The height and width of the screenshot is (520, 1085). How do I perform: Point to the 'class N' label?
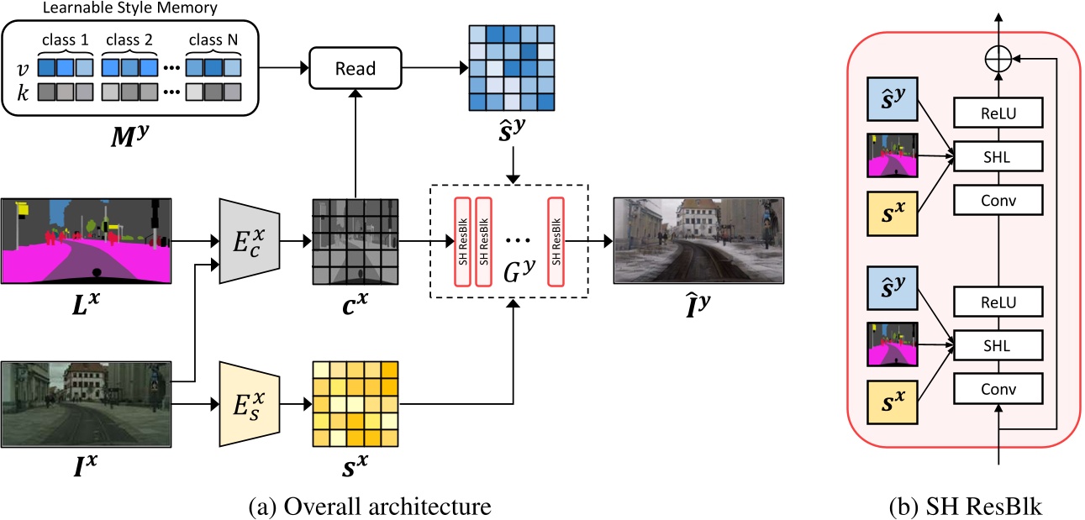pos(213,39)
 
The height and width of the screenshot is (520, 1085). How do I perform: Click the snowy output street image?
pos(698,240)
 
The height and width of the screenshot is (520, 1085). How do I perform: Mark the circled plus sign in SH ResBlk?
pos(998,59)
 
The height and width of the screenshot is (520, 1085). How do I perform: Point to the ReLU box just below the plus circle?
pos(998,111)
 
